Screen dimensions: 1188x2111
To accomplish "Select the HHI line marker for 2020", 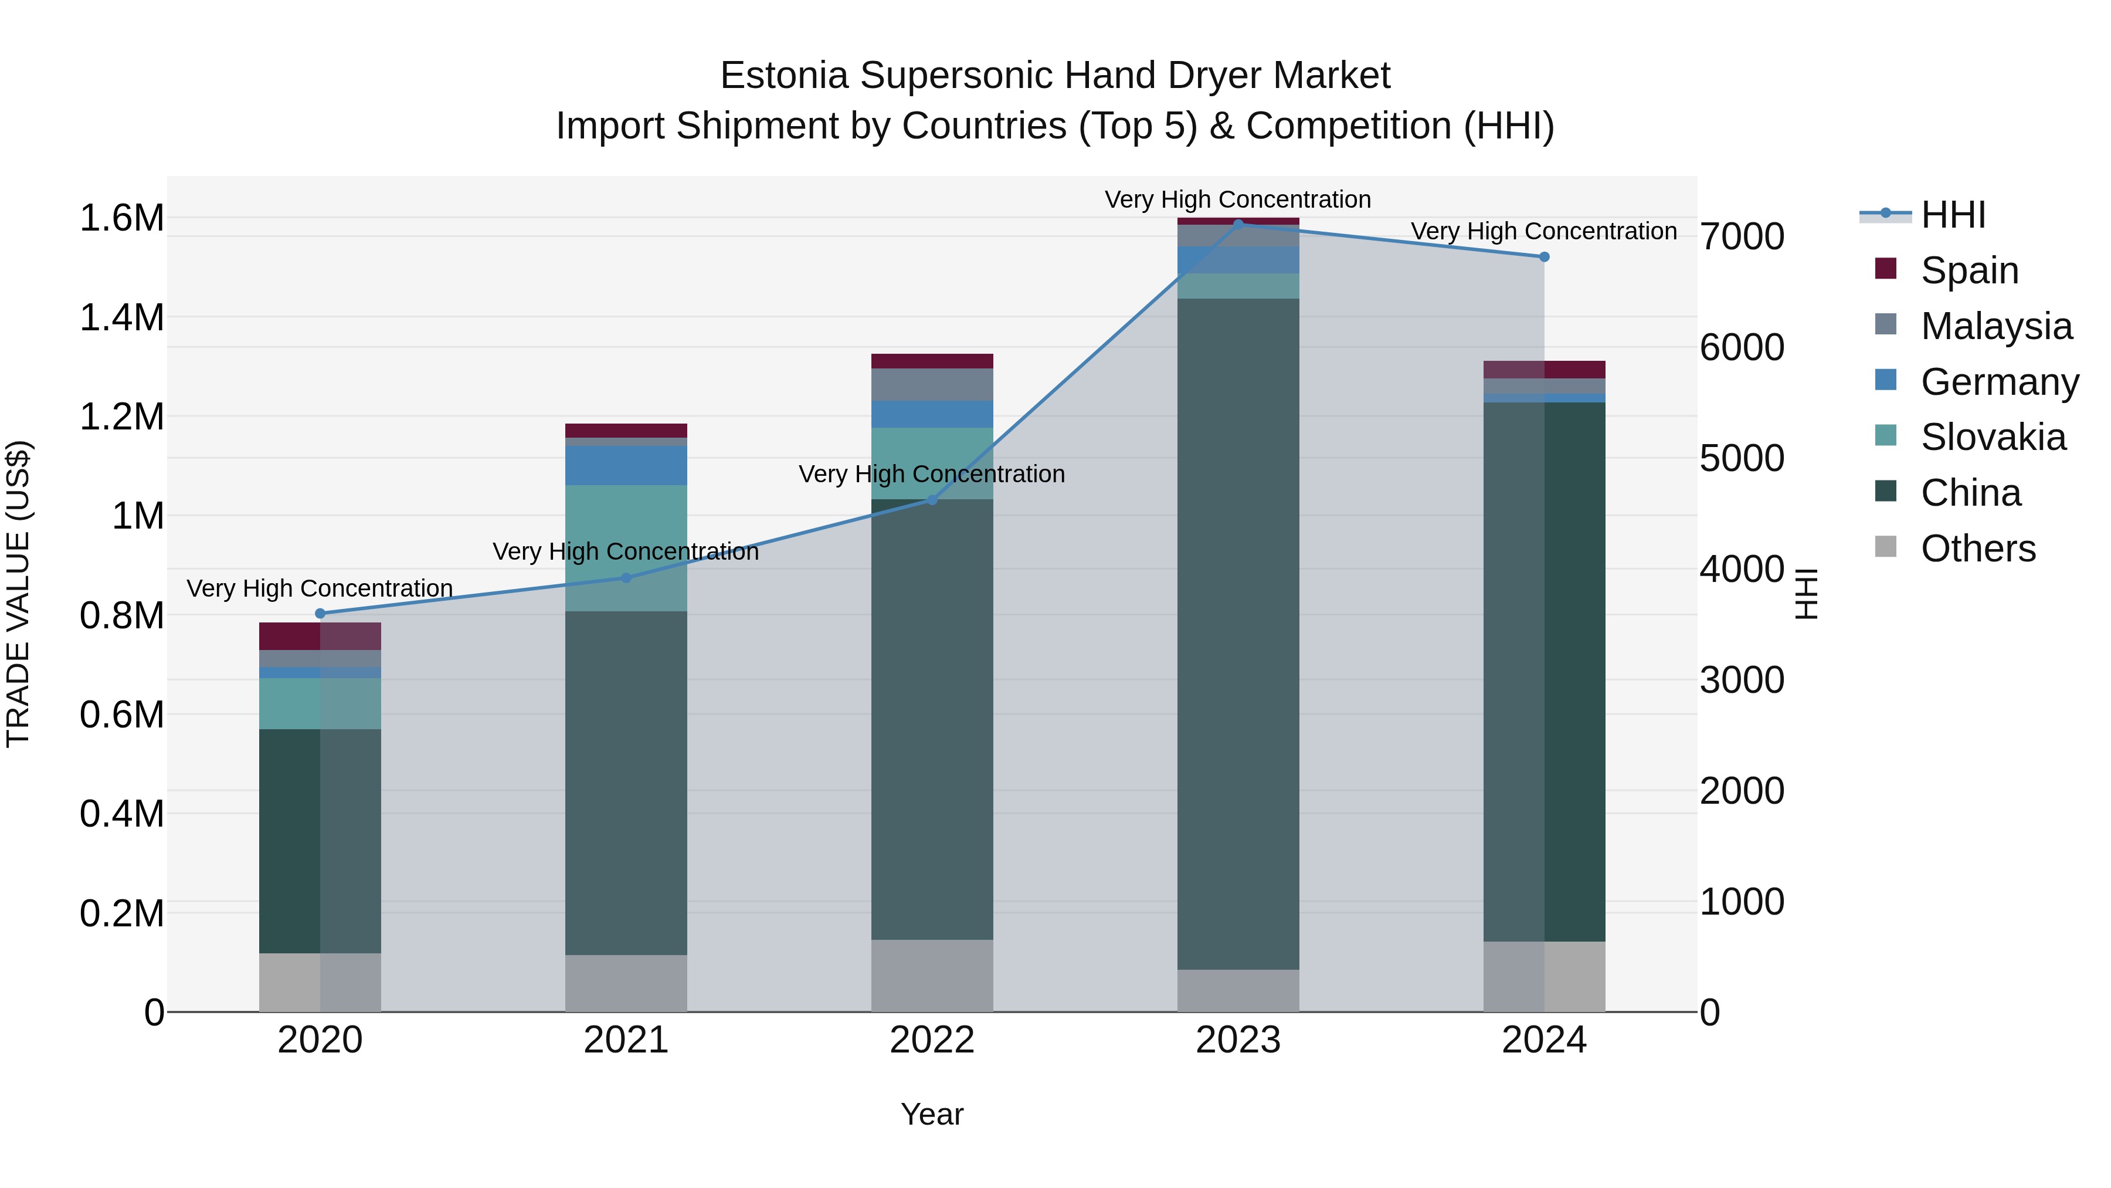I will point(320,613).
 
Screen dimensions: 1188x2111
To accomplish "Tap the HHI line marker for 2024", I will point(1544,256).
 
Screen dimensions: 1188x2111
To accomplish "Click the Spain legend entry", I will point(1969,270).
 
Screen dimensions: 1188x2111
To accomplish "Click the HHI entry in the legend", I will point(1952,215).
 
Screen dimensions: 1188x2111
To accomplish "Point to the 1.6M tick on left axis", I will point(121,218).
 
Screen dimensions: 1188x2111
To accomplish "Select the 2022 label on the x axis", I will point(932,1040).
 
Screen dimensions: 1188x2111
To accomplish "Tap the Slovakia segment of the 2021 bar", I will point(626,548).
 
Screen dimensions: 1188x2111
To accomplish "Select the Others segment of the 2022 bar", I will point(932,975).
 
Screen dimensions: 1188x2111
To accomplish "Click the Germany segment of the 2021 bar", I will point(626,465).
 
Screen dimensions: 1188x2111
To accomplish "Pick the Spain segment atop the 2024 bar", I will point(1544,369).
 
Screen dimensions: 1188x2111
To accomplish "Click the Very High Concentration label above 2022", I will point(932,474).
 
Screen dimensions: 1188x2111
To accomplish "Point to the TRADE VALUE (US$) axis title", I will point(18,594).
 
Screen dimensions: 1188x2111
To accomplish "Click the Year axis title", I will point(932,1114).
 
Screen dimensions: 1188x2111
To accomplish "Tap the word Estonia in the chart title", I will point(783,76).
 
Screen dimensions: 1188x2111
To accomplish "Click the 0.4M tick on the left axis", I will point(121,814).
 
